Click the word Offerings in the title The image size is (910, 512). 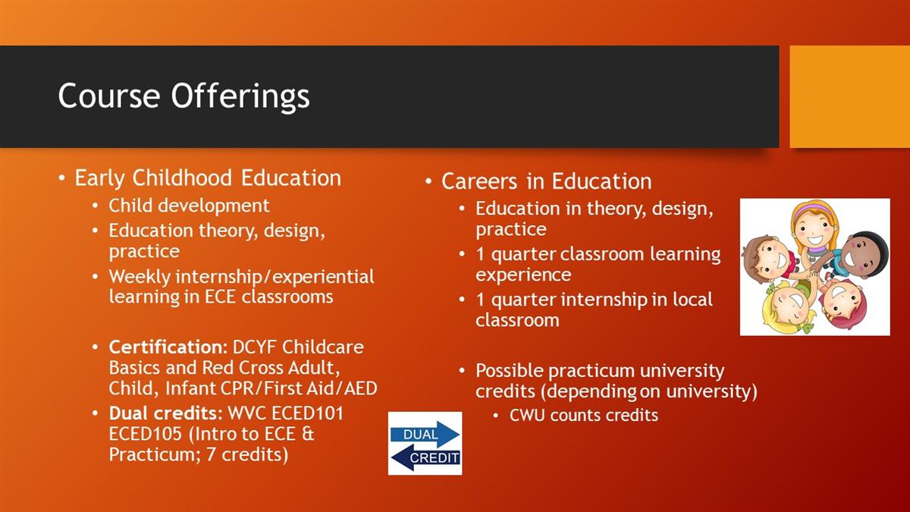coord(240,96)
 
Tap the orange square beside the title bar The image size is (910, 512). coord(850,96)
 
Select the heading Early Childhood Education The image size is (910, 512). coord(208,178)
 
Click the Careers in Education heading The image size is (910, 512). coord(547,181)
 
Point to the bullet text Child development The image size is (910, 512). coord(189,206)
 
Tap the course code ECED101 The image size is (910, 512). coord(307,413)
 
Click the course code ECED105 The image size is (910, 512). coord(145,434)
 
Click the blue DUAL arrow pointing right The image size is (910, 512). coord(425,435)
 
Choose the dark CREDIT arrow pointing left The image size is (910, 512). coord(425,457)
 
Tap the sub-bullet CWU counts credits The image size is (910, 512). coord(584,416)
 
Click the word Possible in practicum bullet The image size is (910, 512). coord(509,371)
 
